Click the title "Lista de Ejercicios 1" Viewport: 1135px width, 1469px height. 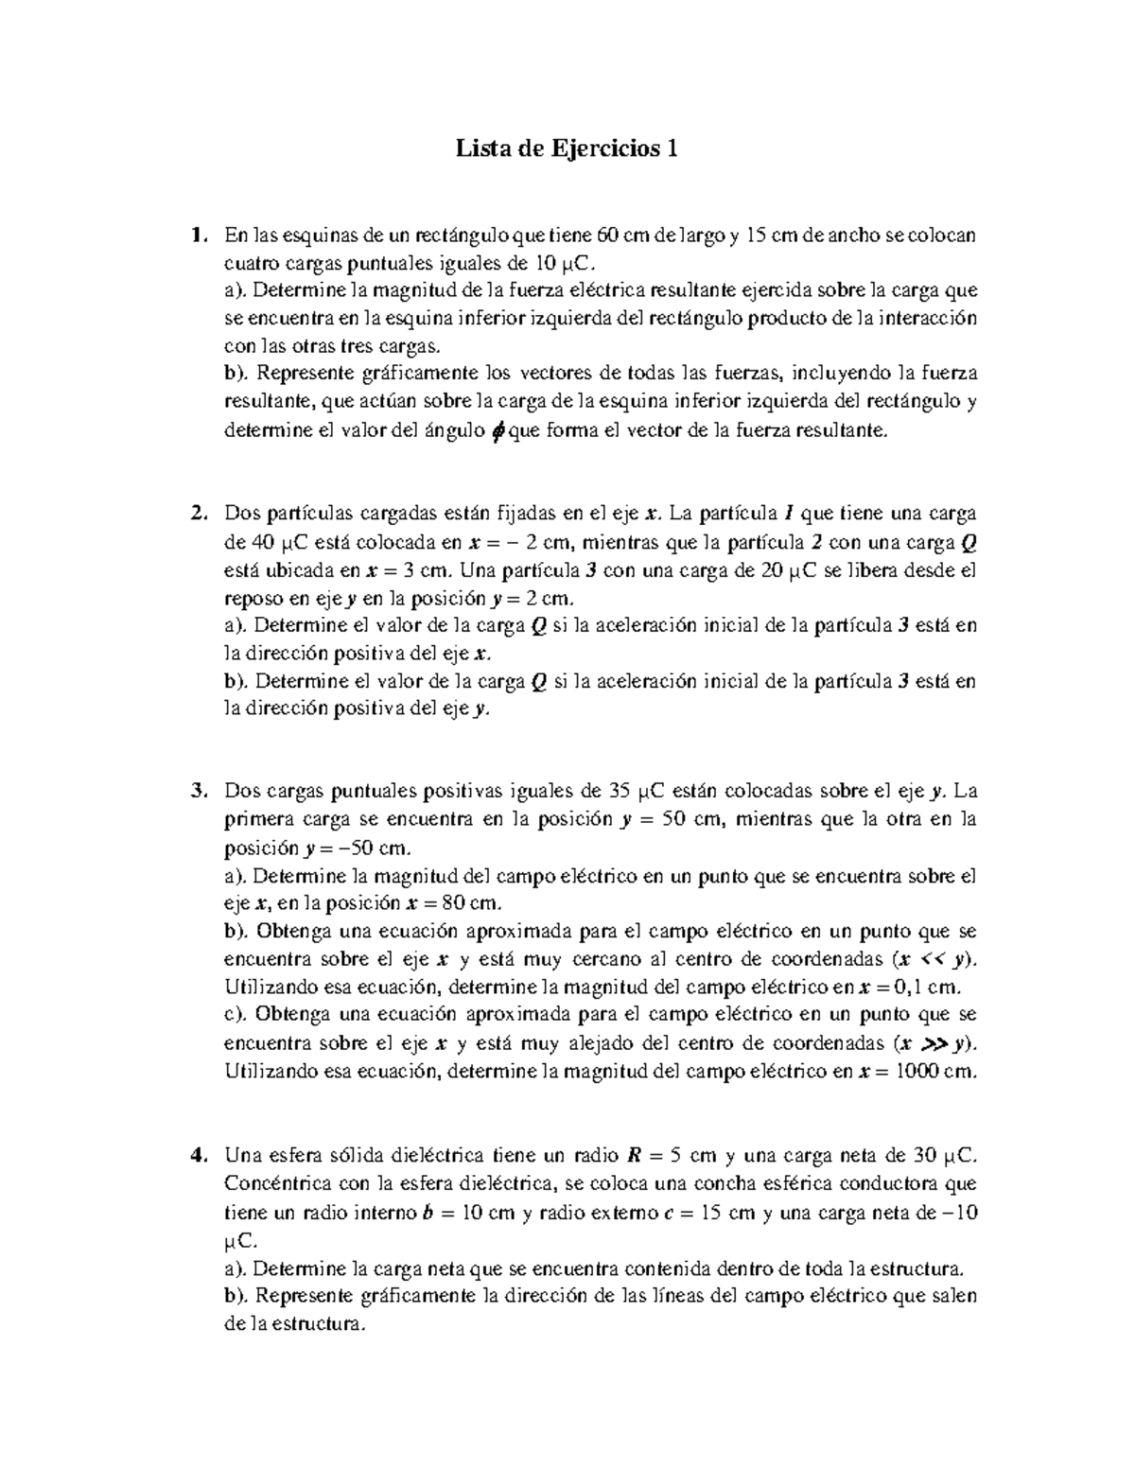click(x=567, y=149)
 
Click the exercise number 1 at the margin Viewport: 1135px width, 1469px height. click(x=195, y=234)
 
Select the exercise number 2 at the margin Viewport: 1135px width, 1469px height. click(x=196, y=514)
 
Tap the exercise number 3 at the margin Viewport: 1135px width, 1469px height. click(x=196, y=791)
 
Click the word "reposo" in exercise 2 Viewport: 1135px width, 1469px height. click(x=252, y=599)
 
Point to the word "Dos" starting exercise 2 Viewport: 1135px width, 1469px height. click(x=241, y=514)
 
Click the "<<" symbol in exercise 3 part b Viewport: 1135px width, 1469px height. click(x=933, y=959)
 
